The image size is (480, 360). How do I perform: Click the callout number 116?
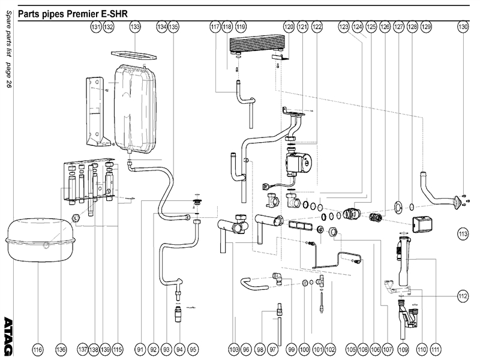coord(38,349)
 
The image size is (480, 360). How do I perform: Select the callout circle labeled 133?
coord(135,27)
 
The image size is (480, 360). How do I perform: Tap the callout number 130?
coord(463,27)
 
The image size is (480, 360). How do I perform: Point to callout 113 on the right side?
coord(463,233)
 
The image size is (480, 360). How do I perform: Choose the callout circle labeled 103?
coord(233,349)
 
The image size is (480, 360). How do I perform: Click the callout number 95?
coord(193,349)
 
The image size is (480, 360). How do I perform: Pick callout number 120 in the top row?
coord(289,27)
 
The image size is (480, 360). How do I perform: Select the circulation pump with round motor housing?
coord(299,163)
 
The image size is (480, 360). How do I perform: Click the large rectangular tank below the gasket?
coord(136,108)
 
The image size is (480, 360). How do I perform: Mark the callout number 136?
coord(60,349)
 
